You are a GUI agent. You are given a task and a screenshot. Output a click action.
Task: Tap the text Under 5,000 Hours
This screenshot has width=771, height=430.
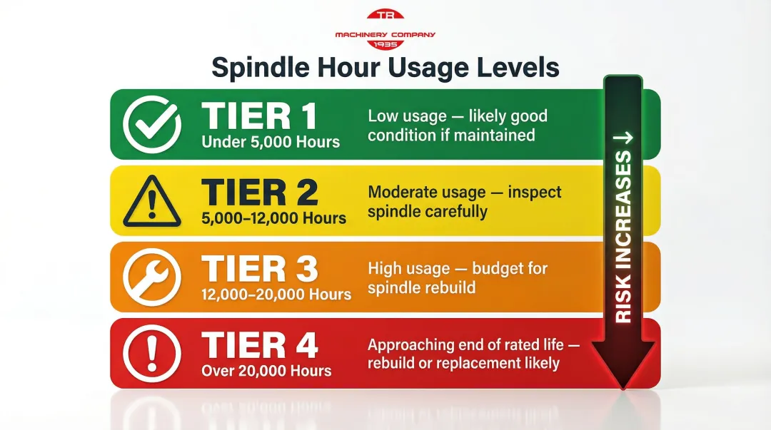pyautogui.click(x=271, y=141)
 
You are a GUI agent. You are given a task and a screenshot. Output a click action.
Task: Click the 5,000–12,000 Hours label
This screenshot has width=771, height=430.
pyautogui.click(x=274, y=218)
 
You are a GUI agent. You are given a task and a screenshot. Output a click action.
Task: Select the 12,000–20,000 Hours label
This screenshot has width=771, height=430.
pyautogui.click(x=276, y=294)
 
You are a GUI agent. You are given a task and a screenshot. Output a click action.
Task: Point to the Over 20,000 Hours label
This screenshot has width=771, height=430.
pyautogui.click(x=266, y=371)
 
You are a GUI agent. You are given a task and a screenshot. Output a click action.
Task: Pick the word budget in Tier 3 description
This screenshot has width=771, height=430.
pyautogui.click(x=495, y=269)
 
